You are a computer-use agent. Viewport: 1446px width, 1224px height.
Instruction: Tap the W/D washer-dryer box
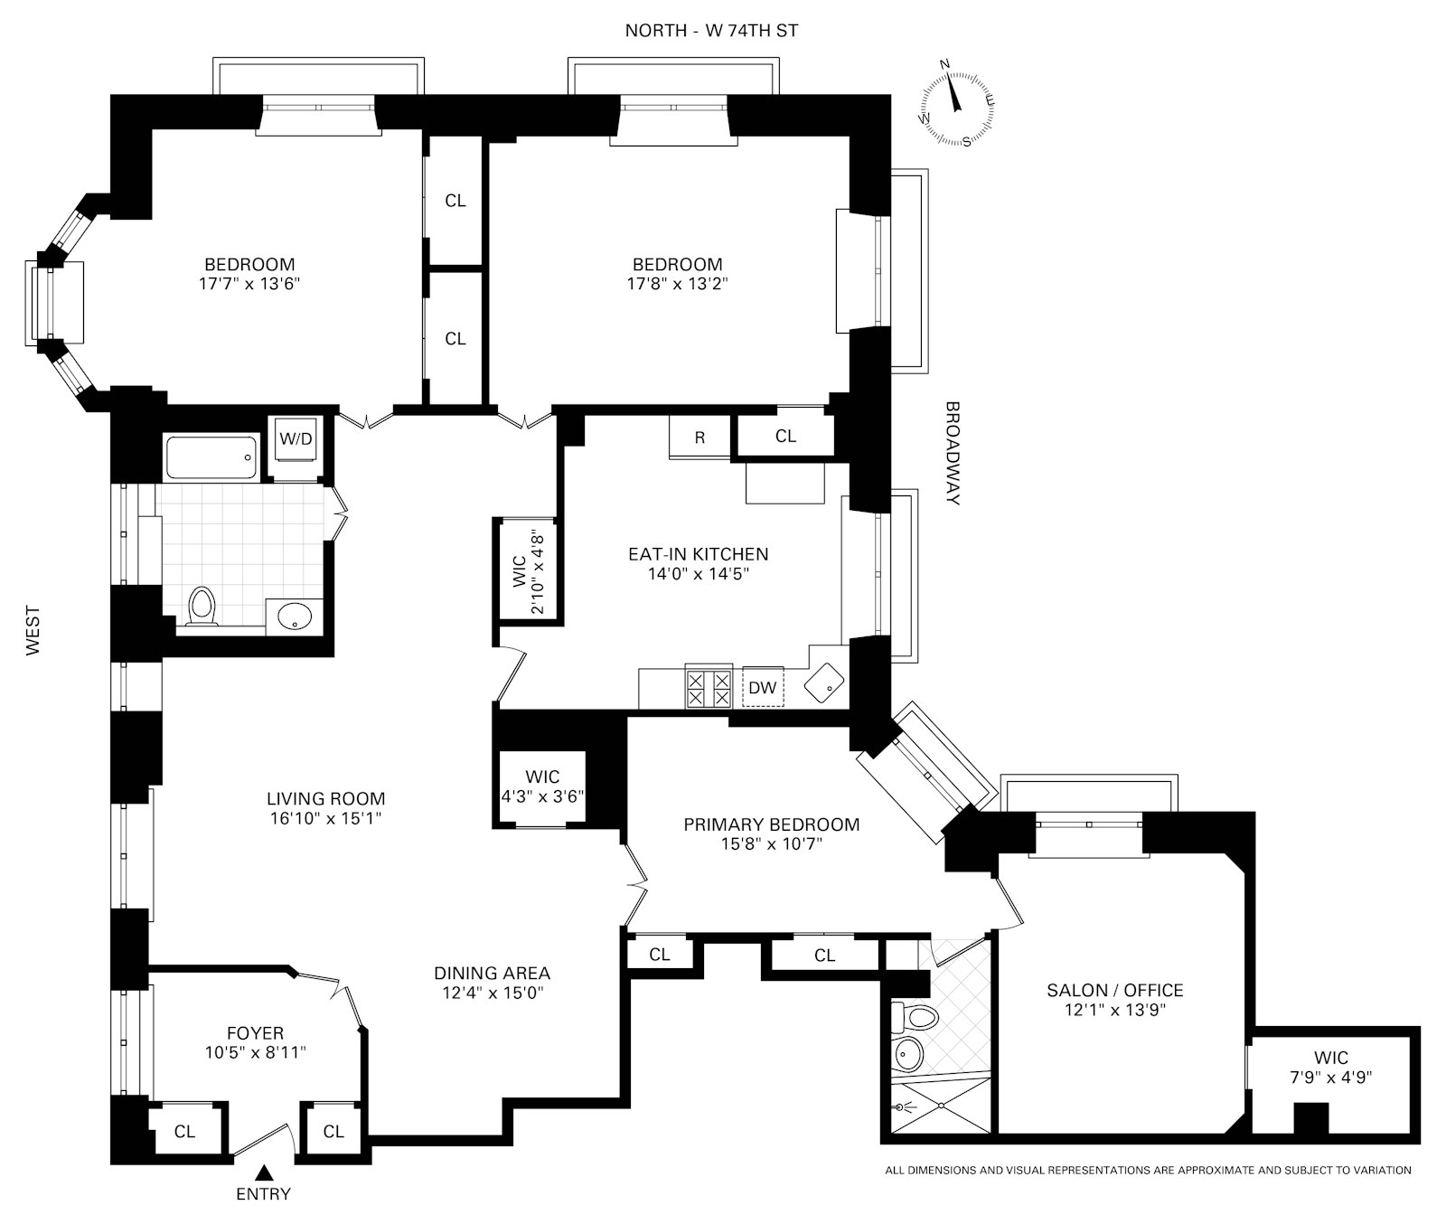pyautogui.click(x=296, y=440)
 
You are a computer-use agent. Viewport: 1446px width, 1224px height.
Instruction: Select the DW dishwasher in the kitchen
pyautogui.click(x=763, y=688)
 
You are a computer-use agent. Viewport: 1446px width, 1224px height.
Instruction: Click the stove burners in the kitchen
pyautogui.click(x=709, y=688)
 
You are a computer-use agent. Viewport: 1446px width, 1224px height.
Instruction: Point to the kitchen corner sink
pyautogui.click(x=825, y=680)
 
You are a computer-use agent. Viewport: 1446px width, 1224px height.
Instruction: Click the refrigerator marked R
pyautogui.click(x=700, y=438)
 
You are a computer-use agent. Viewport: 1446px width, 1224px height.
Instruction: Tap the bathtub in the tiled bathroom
pyautogui.click(x=211, y=457)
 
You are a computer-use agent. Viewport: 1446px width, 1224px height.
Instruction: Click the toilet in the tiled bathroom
pyautogui.click(x=202, y=607)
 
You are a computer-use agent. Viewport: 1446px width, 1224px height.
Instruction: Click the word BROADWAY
pyautogui.click(x=953, y=453)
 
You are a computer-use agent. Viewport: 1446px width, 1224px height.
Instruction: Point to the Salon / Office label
pyautogui.click(x=1114, y=991)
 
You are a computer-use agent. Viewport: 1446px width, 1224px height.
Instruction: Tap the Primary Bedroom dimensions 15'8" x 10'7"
pyautogui.click(x=771, y=844)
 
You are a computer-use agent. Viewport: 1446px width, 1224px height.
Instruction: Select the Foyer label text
pyautogui.click(x=255, y=1033)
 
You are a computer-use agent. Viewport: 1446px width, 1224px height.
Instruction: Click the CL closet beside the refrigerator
pyautogui.click(x=785, y=437)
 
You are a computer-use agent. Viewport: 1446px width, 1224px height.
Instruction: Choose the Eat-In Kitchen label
pyautogui.click(x=698, y=554)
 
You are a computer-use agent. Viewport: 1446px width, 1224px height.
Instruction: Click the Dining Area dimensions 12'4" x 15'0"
pyautogui.click(x=492, y=993)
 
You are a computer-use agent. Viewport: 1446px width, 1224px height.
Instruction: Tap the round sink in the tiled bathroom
pyautogui.click(x=295, y=617)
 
